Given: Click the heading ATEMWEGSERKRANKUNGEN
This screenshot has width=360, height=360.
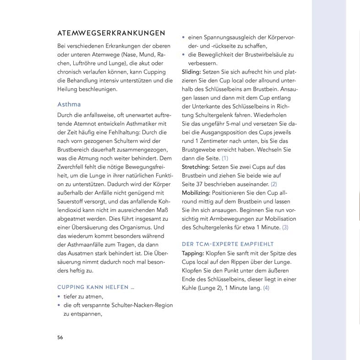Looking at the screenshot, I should tap(111, 34).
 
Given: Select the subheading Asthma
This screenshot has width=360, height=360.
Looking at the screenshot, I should tap(69, 104).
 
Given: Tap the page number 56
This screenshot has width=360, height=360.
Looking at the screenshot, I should tap(60, 337).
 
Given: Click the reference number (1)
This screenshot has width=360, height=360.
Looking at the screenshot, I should tap(225, 158).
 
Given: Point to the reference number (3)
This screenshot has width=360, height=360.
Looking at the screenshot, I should tap(285, 227).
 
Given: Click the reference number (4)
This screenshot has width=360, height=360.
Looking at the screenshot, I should tap(267, 288).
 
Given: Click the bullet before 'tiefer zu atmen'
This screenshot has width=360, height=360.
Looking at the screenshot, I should tap(59, 297).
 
